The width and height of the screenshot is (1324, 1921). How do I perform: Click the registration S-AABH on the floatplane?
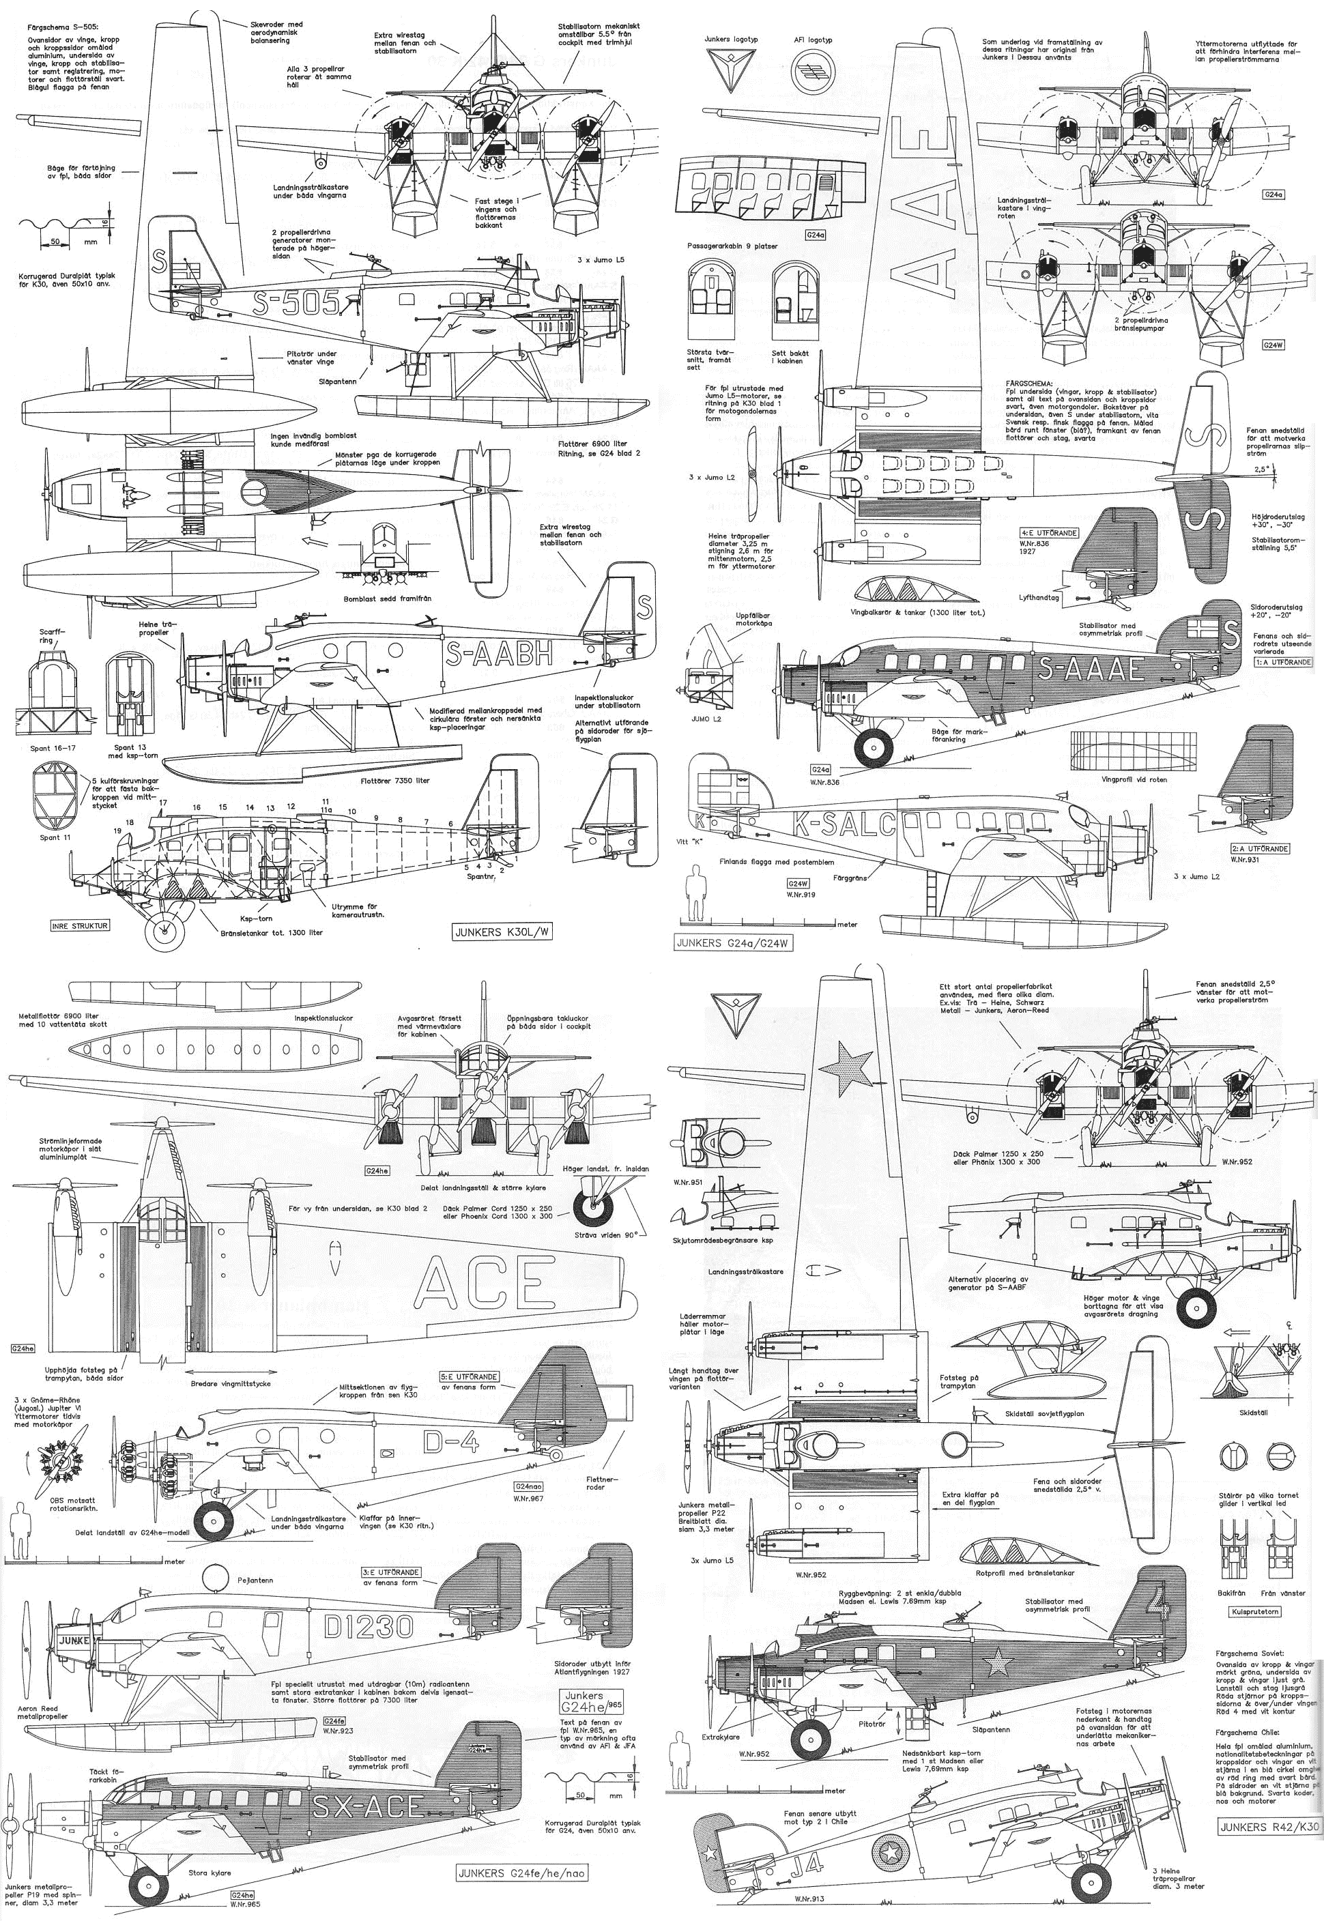499,654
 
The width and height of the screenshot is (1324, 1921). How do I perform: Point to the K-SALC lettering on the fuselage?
844,824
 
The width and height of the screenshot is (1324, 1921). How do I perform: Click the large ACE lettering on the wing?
485,1282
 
